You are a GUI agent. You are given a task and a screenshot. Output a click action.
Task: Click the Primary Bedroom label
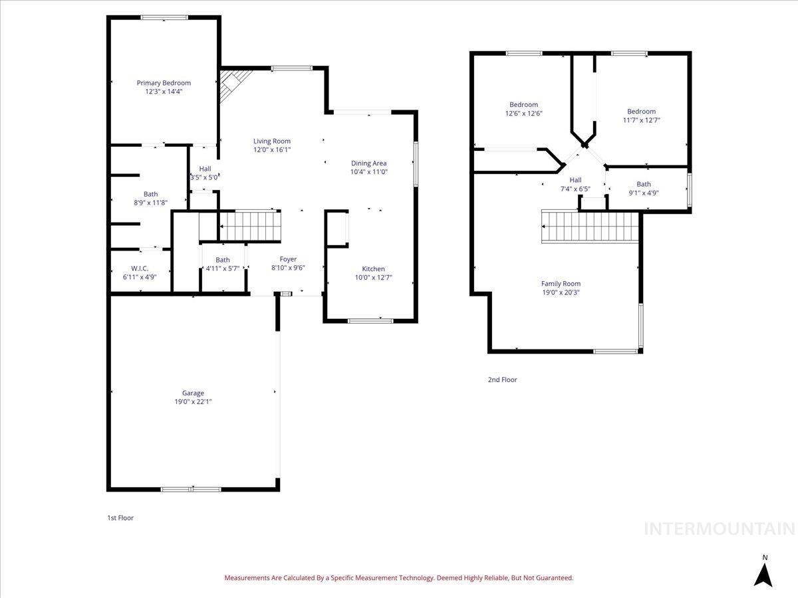(x=164, y=83)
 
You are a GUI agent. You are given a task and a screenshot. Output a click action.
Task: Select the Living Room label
(x=271, y=141)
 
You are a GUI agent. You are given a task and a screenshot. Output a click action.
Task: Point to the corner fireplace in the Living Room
(x=231, y=84)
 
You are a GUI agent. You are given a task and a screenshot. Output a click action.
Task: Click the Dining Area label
(x=368, y=163)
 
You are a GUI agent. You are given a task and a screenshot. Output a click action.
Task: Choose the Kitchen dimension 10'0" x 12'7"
(x=373, y=278)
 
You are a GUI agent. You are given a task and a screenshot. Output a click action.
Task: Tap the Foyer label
(x=288, y=259)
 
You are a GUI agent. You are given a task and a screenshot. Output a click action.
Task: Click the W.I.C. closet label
(x=140, y=268)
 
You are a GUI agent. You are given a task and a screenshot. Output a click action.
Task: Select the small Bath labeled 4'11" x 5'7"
(x=223, y=264)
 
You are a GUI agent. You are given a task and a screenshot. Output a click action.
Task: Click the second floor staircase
(x=590, y=227)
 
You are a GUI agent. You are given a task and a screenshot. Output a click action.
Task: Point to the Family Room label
(x=561, y=283)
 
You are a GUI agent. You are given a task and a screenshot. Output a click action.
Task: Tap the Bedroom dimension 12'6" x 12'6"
(x=523, y=114)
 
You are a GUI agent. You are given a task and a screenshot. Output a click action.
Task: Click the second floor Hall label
(x=575, y=180)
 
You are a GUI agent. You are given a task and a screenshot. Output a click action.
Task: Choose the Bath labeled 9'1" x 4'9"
(x=643, y=189)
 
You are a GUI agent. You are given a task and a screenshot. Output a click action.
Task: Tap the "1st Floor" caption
(x=120, y=518)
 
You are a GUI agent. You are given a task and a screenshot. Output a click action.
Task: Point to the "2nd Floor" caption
(x=502, y=380)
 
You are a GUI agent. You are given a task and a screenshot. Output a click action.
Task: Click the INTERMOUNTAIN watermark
(x=720, y=529)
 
